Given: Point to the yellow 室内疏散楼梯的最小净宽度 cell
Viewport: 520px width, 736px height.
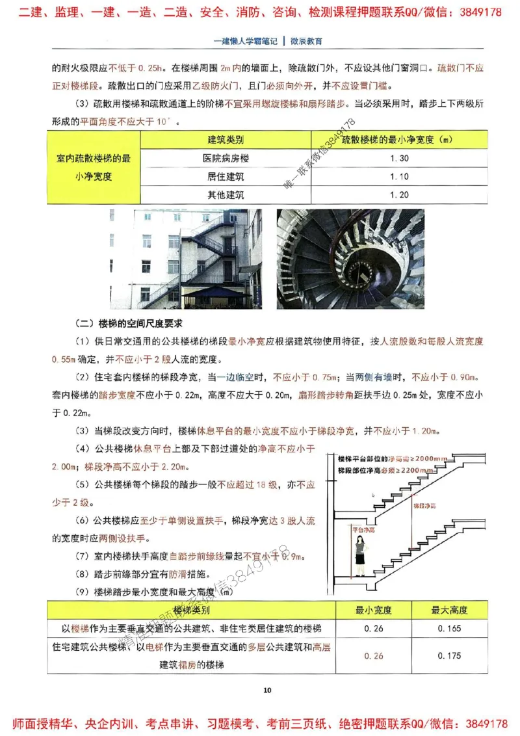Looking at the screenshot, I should [x=94, y=167].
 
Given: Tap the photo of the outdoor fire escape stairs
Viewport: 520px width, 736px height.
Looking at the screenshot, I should [x=187, y=259].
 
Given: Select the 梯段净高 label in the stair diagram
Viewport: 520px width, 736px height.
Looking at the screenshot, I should [x=424, y=504].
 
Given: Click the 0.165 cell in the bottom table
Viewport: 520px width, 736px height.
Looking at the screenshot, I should [x=450, y=629].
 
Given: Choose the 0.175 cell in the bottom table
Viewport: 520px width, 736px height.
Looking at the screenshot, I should [x=450, y=656].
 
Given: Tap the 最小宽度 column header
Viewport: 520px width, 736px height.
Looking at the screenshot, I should [x=374, y=611].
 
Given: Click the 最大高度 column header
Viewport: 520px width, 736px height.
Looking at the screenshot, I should [x=450, y=611].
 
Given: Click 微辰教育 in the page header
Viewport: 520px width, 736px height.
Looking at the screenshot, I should [x=305, y=41].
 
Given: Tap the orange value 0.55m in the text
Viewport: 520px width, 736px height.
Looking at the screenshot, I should [x=63, y=359].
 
